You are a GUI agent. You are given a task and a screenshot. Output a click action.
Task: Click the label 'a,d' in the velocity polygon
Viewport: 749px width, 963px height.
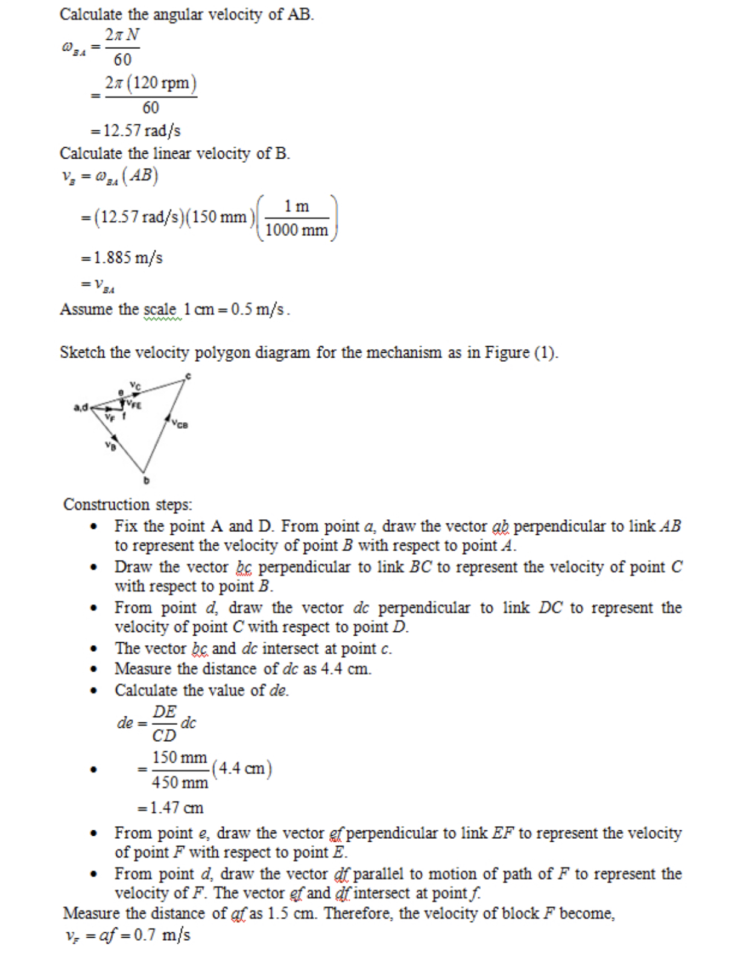(x=81, y=407)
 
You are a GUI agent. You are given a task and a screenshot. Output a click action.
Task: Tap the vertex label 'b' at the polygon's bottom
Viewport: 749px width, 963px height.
(x=146, y=481)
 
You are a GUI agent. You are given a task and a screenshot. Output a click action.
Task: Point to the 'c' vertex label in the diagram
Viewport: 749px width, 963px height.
(x=188, y=376)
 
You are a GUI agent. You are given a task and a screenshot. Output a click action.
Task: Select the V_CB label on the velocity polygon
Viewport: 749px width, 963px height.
(x=180, y=425)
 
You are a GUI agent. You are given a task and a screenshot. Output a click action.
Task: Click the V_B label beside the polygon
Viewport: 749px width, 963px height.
(x=110, y=446)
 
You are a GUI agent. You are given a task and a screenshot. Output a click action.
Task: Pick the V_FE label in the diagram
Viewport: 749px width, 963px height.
(x=133, y=405)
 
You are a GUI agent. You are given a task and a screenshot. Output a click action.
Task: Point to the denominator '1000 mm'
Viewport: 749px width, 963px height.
(x=297, y=230)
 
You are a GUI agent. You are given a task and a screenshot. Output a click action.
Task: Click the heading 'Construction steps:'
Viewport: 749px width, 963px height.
(x=128, y=504)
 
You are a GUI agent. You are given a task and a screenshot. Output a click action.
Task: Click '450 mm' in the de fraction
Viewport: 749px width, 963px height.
(x=180, y=783)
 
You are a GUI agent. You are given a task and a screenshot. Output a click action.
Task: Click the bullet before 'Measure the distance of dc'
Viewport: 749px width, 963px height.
(x=93, y=669)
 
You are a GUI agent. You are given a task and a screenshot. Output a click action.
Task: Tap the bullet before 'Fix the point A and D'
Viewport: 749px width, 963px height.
(x=93, y=527)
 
